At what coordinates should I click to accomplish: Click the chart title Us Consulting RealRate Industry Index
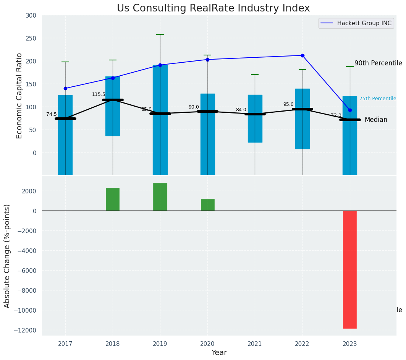[x=213, y=8]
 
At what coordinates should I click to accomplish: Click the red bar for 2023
[x=349, y=269]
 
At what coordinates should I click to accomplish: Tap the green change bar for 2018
[x=113, y=199]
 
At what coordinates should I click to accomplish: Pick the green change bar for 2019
[x=160, y=197]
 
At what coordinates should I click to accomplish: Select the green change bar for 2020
[x=207, y=205]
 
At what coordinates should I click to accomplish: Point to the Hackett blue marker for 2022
[x=302, y=55]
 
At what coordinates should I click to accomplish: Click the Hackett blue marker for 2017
[x=65, y=88]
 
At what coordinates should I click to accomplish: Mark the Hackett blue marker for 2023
[x=350, y=110]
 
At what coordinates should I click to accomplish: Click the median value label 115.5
[x=99, y=94]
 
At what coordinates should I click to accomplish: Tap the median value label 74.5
[x=52, y=114]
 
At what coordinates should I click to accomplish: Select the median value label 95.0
[x=288, y=104]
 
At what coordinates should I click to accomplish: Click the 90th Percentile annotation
[x=378, y=63]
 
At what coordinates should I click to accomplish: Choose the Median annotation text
[x=376, y=120]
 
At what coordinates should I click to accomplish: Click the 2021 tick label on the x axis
[x=255, y=344]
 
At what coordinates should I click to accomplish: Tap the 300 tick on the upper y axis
[x=31, y=16]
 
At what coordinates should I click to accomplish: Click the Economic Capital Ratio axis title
[x=19, y=96]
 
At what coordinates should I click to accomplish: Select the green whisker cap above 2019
[x=160, y=34]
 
